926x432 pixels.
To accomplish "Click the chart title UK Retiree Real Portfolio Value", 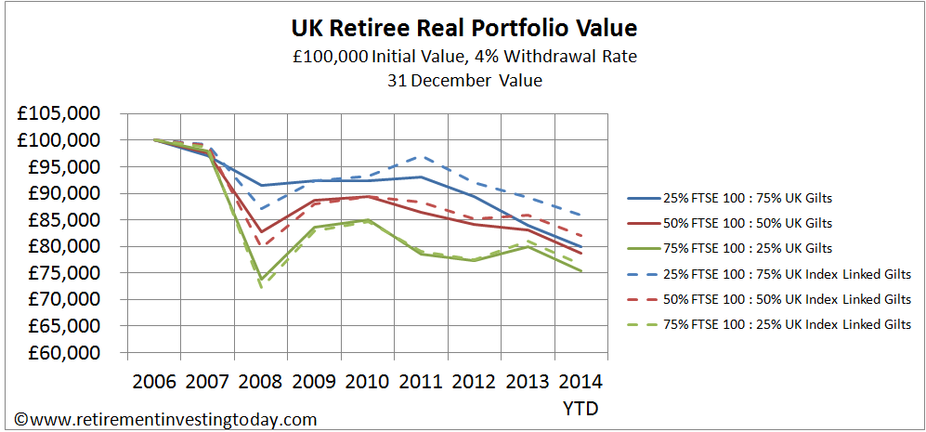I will (x=462, y=27).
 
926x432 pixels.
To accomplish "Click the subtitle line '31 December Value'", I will (x=462, y=80).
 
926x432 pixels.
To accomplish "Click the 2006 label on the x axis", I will (x=154, y=382).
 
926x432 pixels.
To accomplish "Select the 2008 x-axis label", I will (x=260, y=382).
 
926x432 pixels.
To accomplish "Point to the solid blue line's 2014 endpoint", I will (x=580, y=246).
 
